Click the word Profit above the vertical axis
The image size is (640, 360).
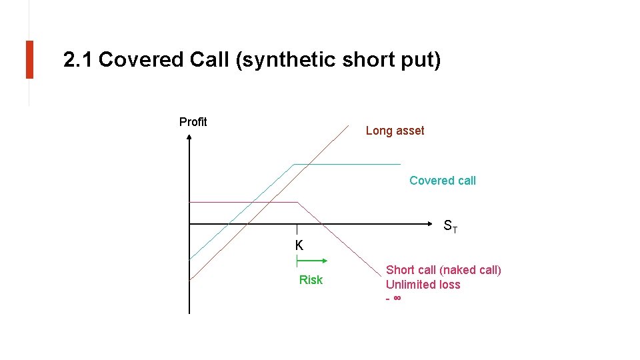coord(193,122)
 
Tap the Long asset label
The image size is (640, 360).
coord(395,131)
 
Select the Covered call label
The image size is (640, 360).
coord(442,181)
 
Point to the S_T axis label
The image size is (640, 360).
coord(451,227)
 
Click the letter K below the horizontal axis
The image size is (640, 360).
coord(299,245)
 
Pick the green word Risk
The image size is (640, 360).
coord(311,280)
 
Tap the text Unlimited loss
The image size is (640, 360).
coord(423,285)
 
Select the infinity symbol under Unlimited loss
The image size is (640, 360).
coord(397,298)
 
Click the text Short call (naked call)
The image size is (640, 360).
coord(443,270)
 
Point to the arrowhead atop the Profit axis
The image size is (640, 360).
coord(189,138)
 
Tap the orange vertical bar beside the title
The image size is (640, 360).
coord(29,59)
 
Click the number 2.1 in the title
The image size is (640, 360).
coord(78,60)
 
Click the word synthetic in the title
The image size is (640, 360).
coord(289,60)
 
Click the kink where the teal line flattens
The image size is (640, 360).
coord(293,164)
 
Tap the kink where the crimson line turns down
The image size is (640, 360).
coord(297,202)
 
